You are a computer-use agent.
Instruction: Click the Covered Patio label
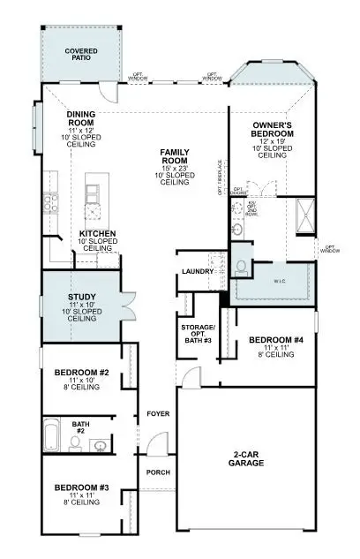click(x=81, y=56)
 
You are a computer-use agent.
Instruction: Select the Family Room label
click(x=176, y=158)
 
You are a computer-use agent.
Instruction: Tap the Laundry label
click(x=193, y=271)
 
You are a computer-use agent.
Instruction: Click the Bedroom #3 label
click(x=81, y=487)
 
